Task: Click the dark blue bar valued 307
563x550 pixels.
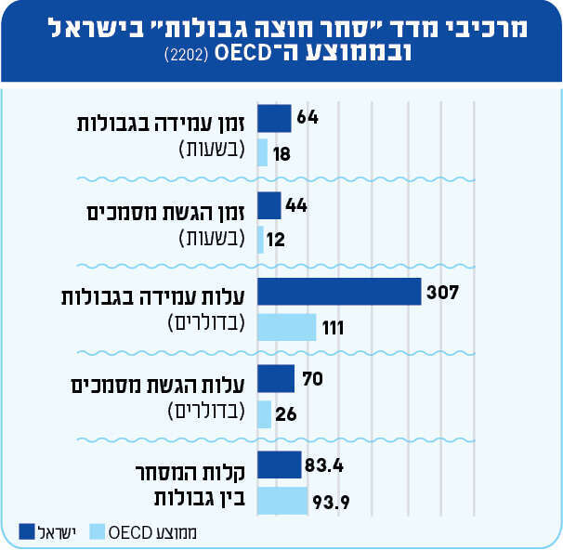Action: click(x=339, y=293)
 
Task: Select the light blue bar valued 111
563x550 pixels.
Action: click(x=286, y=327)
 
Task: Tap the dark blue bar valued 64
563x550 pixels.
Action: click(x=274, y=118)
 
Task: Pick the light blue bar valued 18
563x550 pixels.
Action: click(x=263, y=152)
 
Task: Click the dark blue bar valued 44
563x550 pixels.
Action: click(x=269, y=205)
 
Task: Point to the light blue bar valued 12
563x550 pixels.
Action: click(x=261, y=240)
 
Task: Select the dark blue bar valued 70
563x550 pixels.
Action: click(x=276, y=379)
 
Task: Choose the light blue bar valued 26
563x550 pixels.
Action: click(x=265, y=414)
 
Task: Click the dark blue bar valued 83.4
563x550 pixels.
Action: click(x=279, y=465)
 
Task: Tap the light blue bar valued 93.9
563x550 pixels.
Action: click(x=282, y=502)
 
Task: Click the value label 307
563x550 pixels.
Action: click(x=443, y=293)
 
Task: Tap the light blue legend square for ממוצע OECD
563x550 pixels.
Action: click(x=97, y=531)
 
